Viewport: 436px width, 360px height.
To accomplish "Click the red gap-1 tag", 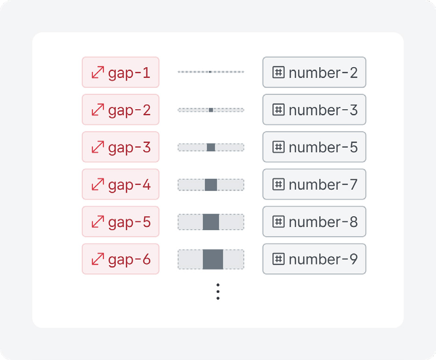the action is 121,72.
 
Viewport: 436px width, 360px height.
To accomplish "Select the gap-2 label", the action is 121,110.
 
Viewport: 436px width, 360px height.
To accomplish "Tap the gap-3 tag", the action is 121,147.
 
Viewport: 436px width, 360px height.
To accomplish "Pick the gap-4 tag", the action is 121,184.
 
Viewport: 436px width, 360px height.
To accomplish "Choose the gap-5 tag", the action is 121,222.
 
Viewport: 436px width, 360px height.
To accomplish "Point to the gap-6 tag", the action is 121,259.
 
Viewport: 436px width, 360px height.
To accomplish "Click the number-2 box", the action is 314,72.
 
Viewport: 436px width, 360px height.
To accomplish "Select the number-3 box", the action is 314,110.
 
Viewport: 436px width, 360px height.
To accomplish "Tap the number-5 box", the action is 314,147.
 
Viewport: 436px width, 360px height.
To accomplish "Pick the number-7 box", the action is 314,184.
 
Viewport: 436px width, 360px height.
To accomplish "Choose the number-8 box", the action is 314,222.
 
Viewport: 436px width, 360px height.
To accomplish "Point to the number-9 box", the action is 314,259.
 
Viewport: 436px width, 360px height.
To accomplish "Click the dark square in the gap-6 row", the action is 213,260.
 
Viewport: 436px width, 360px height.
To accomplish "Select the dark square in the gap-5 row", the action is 211,222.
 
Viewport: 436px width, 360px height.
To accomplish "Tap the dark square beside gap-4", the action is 211,185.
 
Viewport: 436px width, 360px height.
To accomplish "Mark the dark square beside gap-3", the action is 211,147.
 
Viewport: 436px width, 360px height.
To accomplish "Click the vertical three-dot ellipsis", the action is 218,292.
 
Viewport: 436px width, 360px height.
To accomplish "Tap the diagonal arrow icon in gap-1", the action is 98,72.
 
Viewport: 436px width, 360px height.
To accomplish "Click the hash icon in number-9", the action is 279,259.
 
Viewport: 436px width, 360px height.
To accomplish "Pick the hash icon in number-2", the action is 279,72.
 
